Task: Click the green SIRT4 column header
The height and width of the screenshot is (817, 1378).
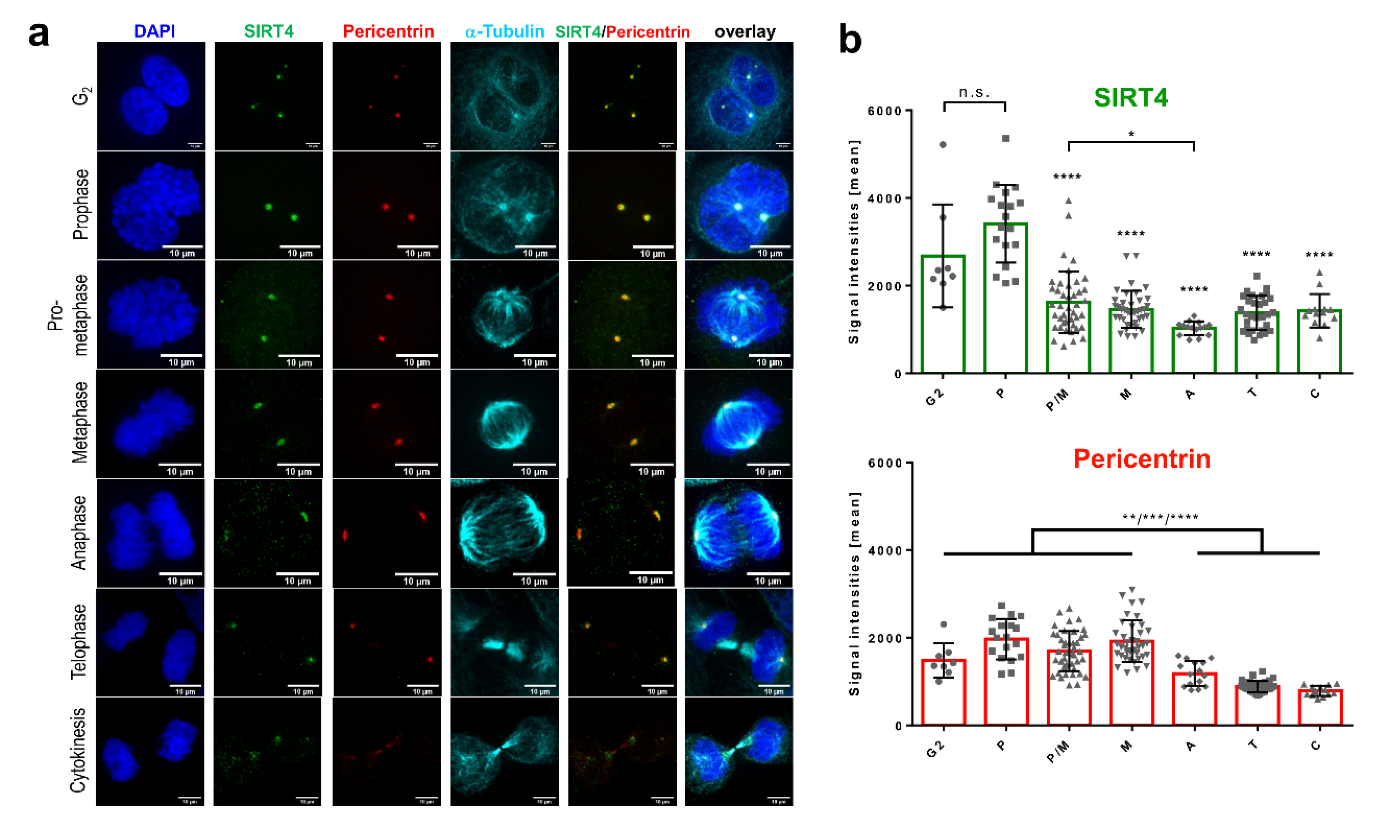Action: tap(269, 31)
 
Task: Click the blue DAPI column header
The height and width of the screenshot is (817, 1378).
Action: tap(154, 31)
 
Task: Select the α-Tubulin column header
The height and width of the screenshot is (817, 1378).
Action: tap(505, 31)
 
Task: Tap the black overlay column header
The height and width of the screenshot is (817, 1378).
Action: tap(745, 31)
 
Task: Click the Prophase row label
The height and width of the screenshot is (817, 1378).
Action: tap(81, 204)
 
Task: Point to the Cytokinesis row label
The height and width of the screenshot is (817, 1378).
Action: tap(79, 750)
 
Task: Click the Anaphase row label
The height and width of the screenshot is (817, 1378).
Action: tap(79, 533)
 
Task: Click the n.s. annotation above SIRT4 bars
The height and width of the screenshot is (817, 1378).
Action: tap(974, 93)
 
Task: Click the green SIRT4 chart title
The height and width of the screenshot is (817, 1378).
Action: tap(1130, 98)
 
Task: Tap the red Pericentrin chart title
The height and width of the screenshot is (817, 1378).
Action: tap(1142, 459)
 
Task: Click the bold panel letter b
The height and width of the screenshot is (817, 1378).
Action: tap(850, 40)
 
